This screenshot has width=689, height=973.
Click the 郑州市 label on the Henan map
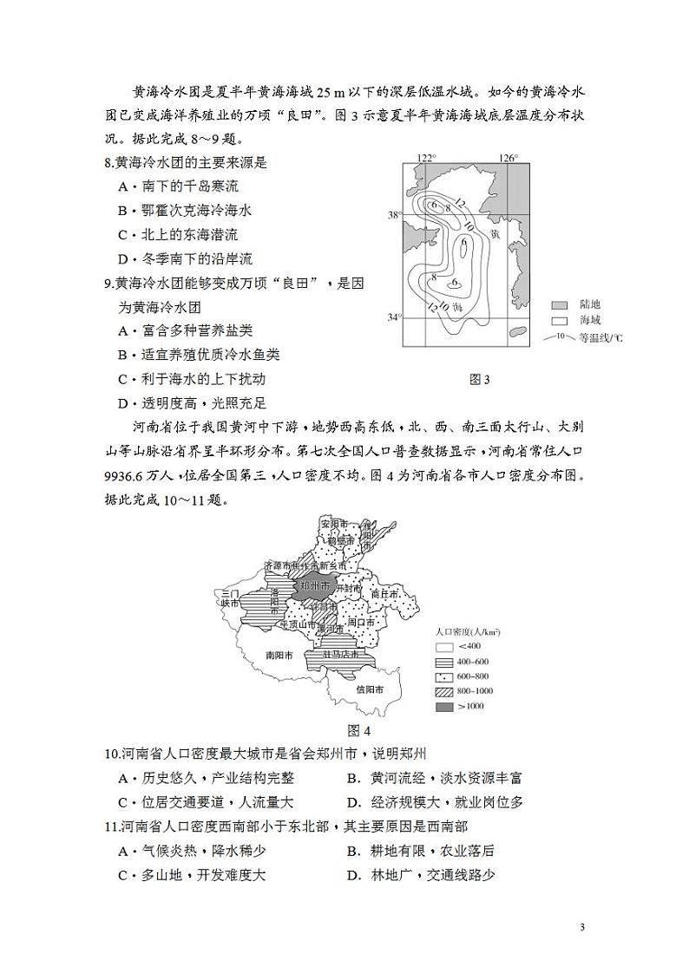pos(313,586)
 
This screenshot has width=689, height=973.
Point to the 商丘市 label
pos(384,595)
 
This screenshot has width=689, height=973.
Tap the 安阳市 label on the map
pos(332,525)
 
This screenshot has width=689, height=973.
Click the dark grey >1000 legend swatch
pos(444,708)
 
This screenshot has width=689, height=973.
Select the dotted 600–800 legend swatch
pos(444,676)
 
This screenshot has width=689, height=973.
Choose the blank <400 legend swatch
pos(444,646)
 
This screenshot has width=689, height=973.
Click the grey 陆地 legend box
pos(560,305)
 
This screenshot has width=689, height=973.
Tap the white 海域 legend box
pos(560,320)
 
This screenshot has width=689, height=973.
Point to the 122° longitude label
pos(424,158)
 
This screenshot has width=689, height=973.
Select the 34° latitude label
pos(394,317)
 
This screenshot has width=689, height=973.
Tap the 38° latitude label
pos(394,214)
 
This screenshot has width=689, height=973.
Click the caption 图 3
pos(479,379)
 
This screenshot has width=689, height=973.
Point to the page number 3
pos(582,927)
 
